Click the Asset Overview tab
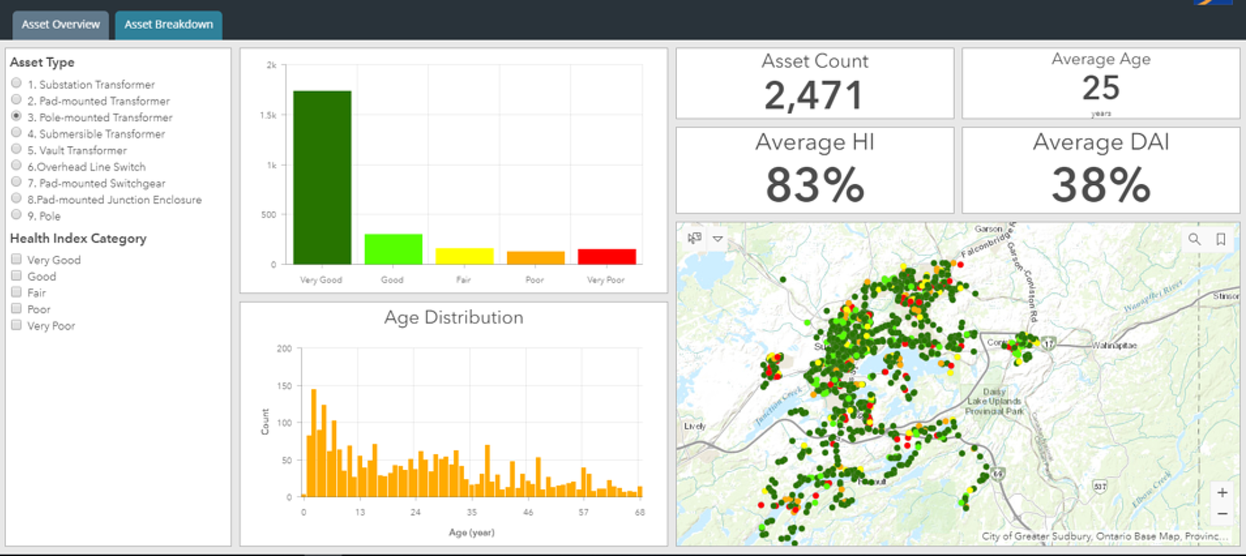60,25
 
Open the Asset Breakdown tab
169,25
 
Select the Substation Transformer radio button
16,83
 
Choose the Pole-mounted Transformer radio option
16,116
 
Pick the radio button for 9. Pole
16,215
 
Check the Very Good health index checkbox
16,259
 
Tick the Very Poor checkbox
16,325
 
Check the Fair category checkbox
16,292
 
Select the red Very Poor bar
607,257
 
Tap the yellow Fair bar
464,256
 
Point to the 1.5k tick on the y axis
268,115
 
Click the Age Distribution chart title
453,318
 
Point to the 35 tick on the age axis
472,512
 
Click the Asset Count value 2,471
814,96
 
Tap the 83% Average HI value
815,185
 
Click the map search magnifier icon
1194,239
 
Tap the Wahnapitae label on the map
1114,346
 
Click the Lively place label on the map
694,426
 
